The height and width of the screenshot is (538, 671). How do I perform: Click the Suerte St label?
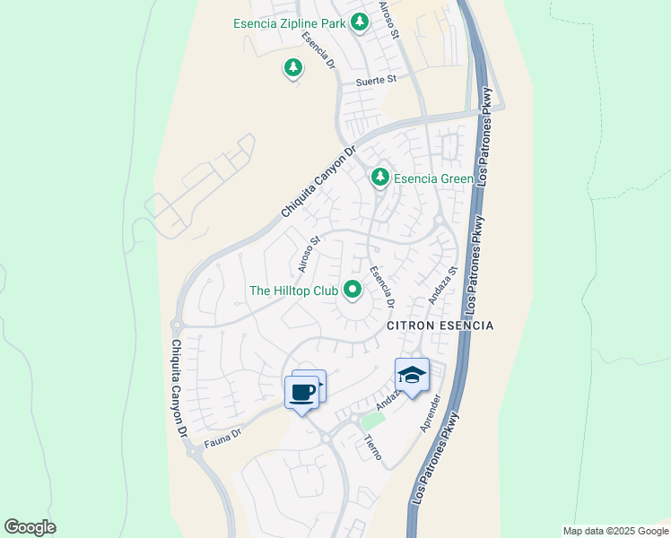click(x=376, y=80)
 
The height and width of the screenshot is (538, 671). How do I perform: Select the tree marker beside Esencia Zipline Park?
click(x=360, y=21)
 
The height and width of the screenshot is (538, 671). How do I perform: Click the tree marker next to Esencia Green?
click(x=380, y=178)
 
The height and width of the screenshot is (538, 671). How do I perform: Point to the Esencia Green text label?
click(x=432, y=178)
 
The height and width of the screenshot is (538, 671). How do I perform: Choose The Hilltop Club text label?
click(x=293, y=291)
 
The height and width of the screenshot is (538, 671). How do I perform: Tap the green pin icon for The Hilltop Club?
click(x=353, y=289)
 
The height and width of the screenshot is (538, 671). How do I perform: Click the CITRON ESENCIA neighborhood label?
click(x=440, y=326)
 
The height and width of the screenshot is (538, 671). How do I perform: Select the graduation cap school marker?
click(x=412, y=374)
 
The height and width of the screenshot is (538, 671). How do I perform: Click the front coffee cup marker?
click(x=301, y=392)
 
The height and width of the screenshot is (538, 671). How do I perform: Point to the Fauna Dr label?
click(x=224, y=434)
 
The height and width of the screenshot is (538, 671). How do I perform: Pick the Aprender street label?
click(x=432, y=412)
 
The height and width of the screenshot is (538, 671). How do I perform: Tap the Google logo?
click(x=30, y=527)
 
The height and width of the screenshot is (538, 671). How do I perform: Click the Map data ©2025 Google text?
click(x=615, y=531)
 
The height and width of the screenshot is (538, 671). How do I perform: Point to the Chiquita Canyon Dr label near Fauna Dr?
click(x=179, y=387)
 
